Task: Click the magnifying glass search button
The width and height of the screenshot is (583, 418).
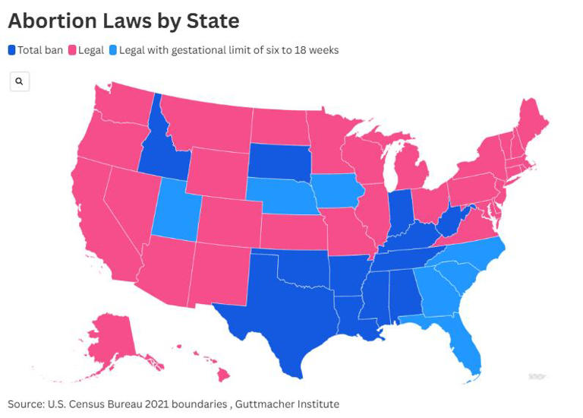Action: click(20, 81)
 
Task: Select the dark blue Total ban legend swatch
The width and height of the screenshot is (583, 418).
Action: click(11, 50)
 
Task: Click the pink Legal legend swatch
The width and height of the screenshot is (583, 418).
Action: click(73, 50)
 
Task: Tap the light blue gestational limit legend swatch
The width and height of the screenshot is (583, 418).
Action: click(113, 50)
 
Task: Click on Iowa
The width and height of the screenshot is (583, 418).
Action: click(335, 191)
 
